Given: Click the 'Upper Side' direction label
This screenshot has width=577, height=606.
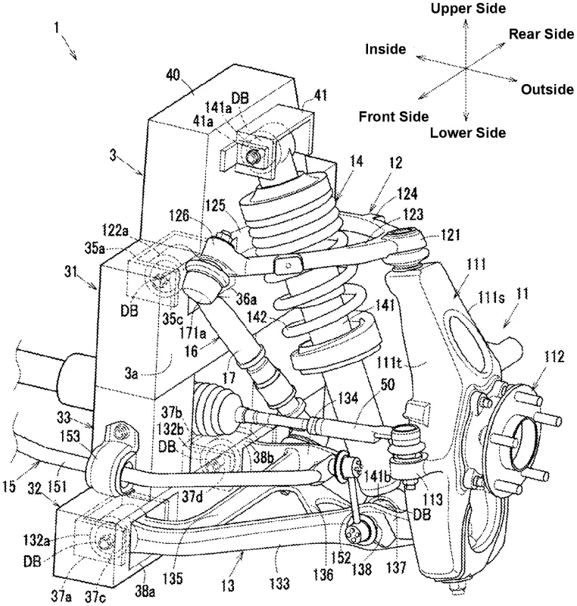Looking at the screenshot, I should pyautogui.click(x=467, y=8).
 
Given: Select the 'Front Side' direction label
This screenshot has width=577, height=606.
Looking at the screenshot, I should pyautogui.click(x=393, y=117).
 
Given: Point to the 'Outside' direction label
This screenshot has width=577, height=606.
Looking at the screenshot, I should pyautogui.click(x=547, y=90).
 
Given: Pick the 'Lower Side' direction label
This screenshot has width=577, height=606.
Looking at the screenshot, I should pyautogui.click(x=467, y=133).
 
